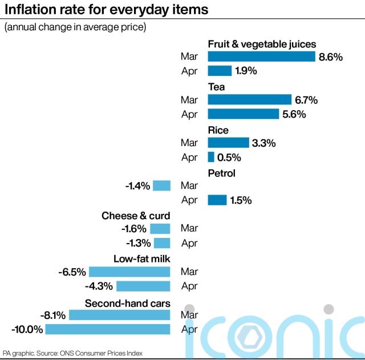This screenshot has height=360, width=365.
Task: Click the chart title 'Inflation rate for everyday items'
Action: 106,10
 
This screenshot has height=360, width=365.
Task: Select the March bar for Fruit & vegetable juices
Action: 261,56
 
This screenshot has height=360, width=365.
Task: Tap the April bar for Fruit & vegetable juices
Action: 220,71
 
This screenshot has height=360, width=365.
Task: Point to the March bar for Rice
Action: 228,143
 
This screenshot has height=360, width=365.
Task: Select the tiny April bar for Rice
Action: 211,157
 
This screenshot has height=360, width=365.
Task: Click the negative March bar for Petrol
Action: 162,185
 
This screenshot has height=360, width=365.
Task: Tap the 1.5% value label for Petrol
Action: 241,200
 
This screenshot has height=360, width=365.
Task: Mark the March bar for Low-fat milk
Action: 129,272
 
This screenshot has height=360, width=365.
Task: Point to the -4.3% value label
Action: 98,286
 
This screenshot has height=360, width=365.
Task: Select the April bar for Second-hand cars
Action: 108,329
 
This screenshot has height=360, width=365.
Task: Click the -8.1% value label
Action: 53,315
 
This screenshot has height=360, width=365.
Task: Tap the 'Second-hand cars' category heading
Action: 128,303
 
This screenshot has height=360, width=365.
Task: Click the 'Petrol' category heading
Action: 221,173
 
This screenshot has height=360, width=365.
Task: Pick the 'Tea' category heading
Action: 216,87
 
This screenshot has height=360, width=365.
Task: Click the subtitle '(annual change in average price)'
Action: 75,27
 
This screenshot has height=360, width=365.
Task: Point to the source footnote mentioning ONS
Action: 72,353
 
